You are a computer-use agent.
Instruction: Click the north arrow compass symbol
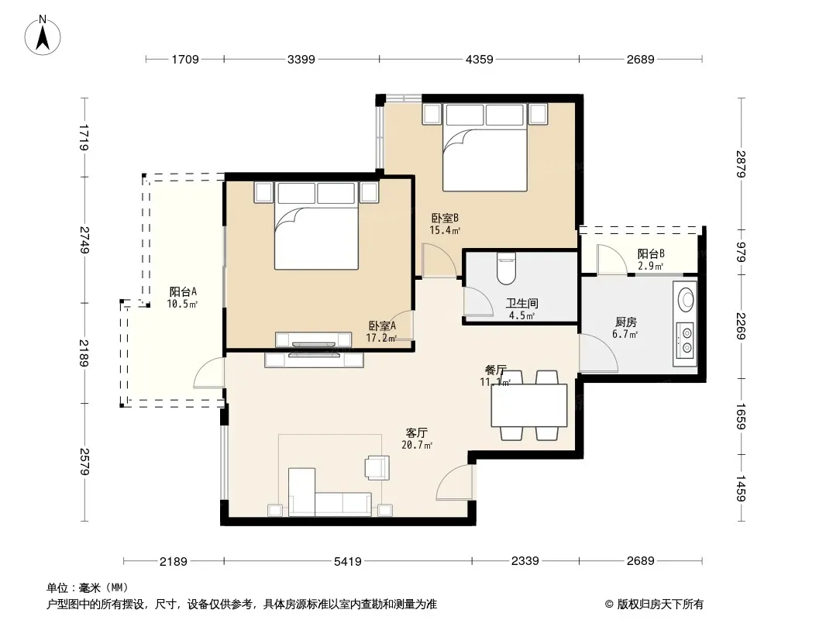(x=43, y=36)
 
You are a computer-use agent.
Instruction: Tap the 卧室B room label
(x=445, y=218)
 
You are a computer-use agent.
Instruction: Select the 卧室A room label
(x=382, y=325)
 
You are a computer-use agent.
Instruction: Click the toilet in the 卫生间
(x=506, y=268)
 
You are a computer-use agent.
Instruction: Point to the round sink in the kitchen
(x=686, y=299)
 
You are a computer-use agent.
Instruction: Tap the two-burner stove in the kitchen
(x=687, y=340)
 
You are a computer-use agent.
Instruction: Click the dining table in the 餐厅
(x=529, y=405)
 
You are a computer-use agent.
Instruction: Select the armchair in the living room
(x=377, y=467)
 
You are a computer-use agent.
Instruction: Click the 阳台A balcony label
(x=183, y=291)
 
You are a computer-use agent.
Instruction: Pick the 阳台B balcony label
(x=651, y=254)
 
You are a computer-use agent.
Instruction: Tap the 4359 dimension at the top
(x=480, y=60)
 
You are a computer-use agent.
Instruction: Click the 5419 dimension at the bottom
(x=348, y=562)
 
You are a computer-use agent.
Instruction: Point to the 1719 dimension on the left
(x=83, y=137)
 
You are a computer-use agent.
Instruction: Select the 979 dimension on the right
(x=742, y=252)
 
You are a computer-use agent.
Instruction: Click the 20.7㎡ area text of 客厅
(x=417, y=445)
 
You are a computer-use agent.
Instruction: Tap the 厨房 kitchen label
(x=626, y=322)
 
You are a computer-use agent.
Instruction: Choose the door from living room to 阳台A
(x=209, y=373)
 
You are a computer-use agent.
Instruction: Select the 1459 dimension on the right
(x=742, y=488)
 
